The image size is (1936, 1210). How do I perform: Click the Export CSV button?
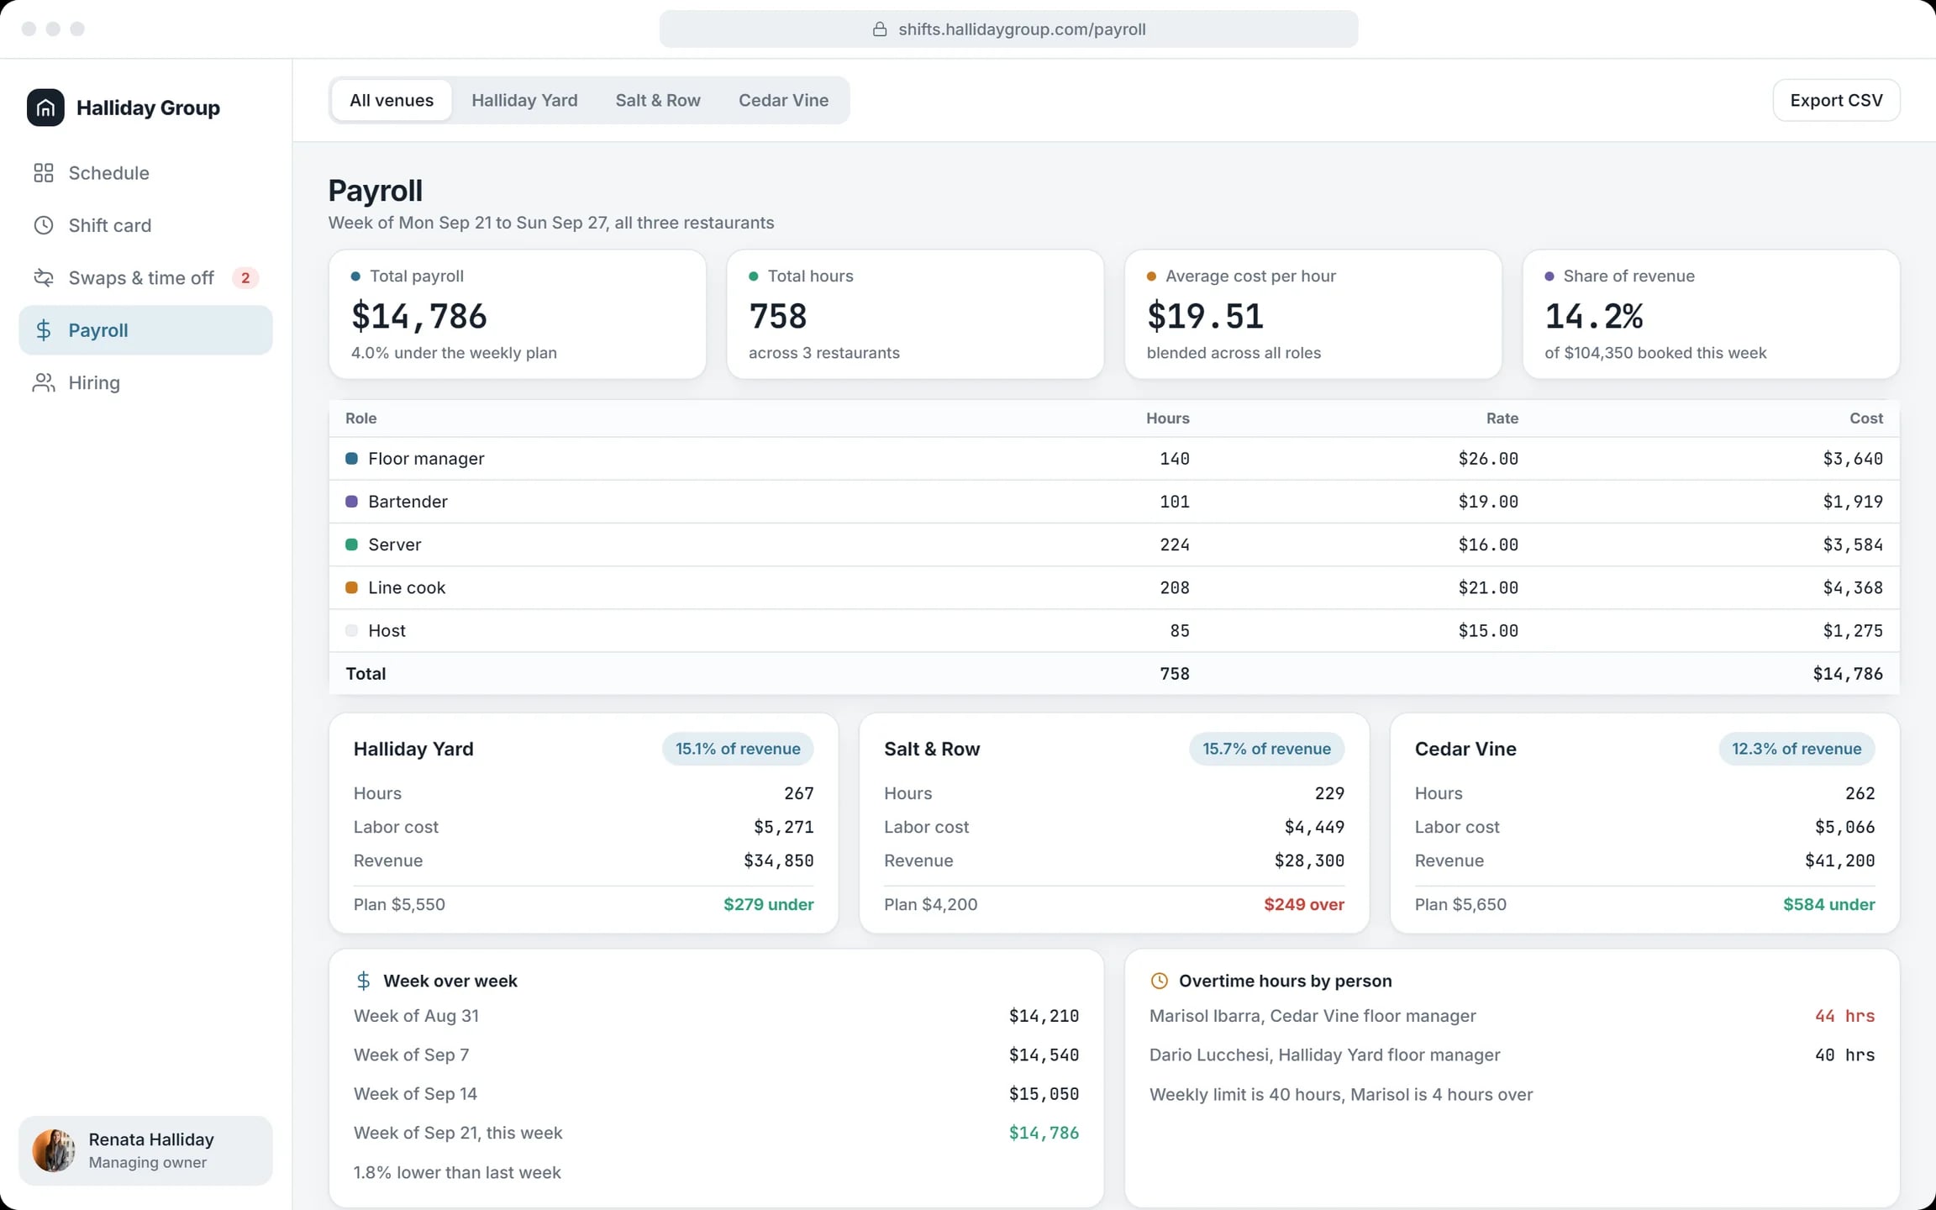tap(1836, 100)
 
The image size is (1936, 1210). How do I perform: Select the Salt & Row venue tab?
tap(658, 100)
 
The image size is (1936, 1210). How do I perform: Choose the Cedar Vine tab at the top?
tap(783, 100)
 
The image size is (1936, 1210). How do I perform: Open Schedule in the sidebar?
tap(108, 173)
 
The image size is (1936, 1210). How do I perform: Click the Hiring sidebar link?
tap(94, 383)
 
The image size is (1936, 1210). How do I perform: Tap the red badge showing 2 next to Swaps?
tap(245, 278)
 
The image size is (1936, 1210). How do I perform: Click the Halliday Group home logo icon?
tap(45, 108)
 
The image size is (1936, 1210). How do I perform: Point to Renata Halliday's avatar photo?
tap(53, 1150)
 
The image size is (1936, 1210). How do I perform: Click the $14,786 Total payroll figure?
tap(418, 316)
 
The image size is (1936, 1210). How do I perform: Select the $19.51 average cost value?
tap(1205, 316)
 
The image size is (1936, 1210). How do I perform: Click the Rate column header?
tap(1502, 418)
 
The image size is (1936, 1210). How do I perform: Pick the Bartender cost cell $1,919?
tap(1852, 502)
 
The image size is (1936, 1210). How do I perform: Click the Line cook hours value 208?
tap(1174, 588)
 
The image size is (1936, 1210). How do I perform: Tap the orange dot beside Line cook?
tap(351, 588)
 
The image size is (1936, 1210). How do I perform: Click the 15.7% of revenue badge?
tap(1266, 749)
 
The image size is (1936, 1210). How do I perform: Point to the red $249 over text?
tap(1304, 905)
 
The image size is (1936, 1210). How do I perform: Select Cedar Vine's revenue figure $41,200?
tap(1839, 861)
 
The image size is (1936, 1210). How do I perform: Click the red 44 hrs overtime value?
tap(1844, 1016)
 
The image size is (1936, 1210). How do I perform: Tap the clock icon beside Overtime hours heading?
tap(1159, 981)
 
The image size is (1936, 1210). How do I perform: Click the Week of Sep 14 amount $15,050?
tap(1044, 1094)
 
